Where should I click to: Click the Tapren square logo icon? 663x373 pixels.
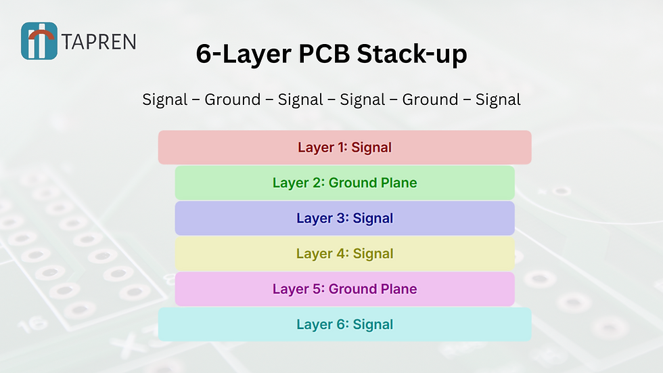click(39, 41)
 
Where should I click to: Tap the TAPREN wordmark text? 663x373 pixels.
click(99, 42)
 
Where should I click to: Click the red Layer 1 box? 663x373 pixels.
click(344, 147)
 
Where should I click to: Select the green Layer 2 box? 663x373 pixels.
click(344, 183)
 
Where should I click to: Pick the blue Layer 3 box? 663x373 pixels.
click(344, 218)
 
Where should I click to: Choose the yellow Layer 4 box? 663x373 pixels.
click(344, 254)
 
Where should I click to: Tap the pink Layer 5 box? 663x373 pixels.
click(344, 289)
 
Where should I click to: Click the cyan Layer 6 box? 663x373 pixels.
click(344, 324)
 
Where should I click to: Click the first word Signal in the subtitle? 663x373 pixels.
click(164, 100)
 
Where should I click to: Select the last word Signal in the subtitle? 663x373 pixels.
click(498, 100)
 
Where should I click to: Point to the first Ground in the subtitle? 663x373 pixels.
click(232, 100)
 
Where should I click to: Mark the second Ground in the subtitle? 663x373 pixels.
click(430, 100)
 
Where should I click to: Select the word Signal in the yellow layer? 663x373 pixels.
click(373, 254)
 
